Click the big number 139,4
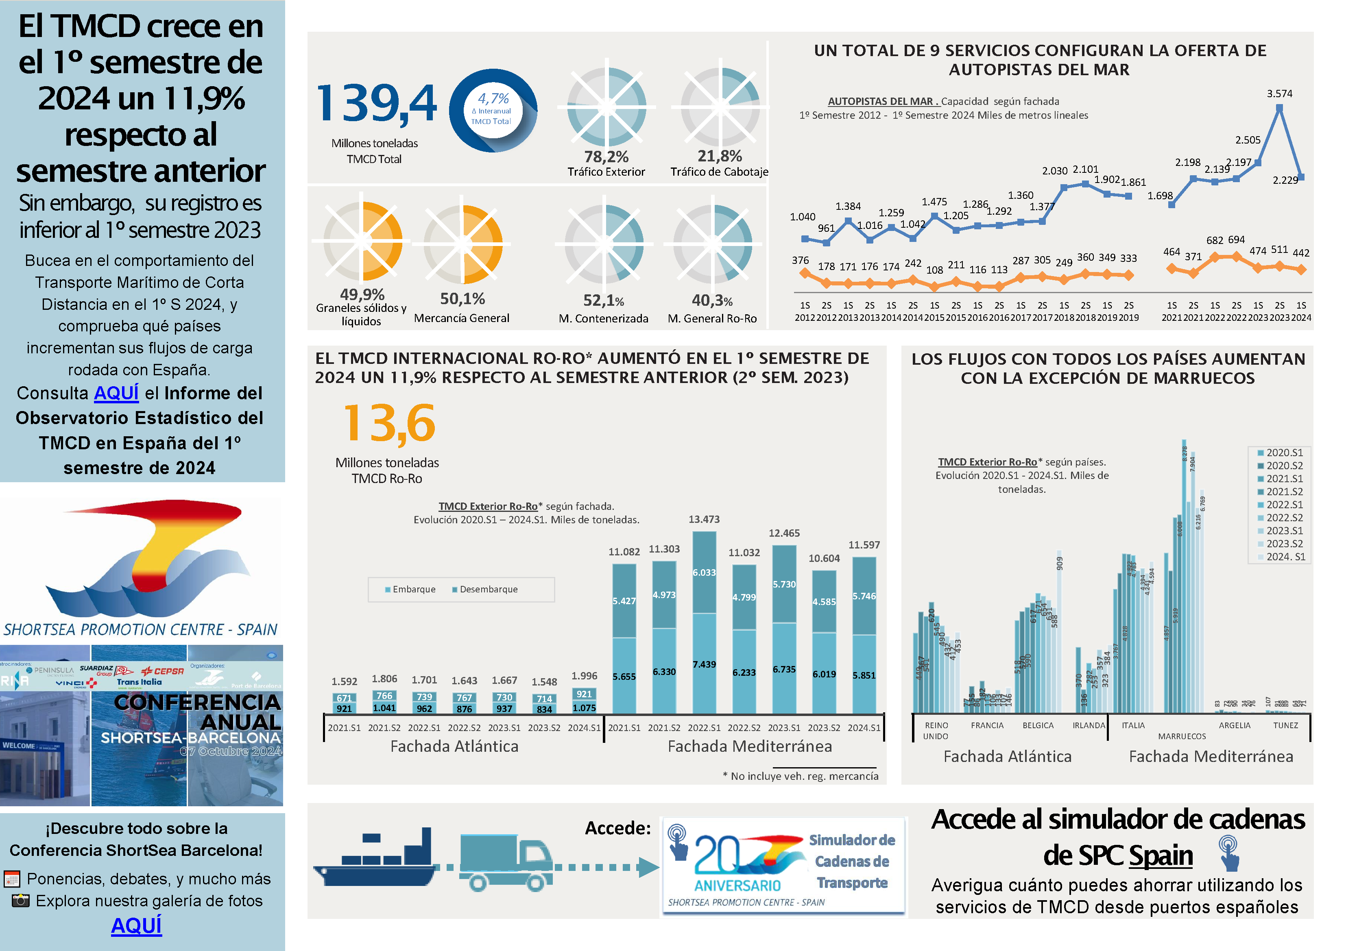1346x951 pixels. [376, 104]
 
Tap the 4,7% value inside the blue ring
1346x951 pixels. [493, 98]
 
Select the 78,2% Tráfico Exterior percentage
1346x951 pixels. [606, 157]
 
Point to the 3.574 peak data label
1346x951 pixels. [1279, 94]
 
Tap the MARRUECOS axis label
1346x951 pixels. [1182, 737]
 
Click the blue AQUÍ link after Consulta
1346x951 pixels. [116, 393]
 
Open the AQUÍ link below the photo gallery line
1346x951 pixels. [137, 926]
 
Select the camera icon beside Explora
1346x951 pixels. [20, 901]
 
